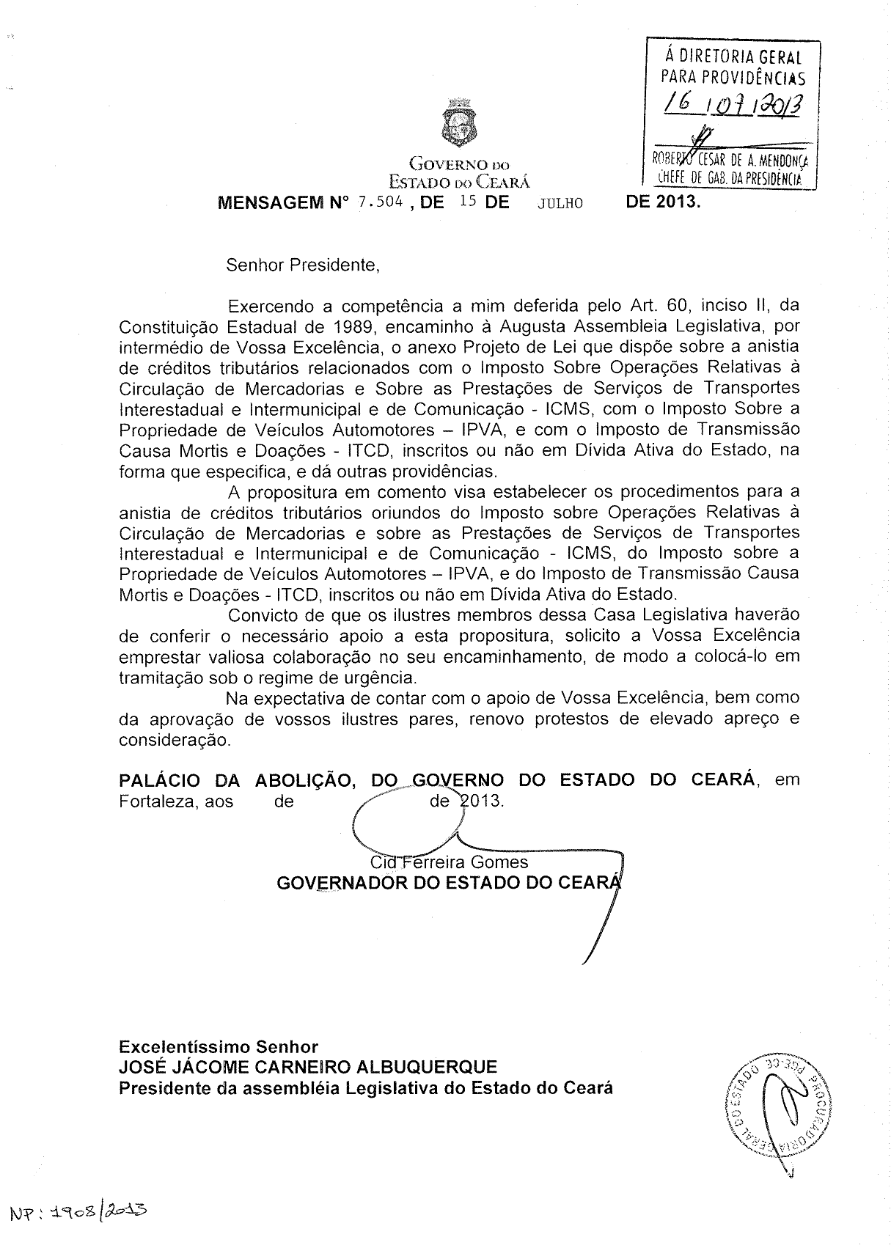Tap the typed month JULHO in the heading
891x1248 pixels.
pyautogui.click(x=560, y=204)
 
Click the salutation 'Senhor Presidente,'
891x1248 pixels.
pyautogui.click(x=303, y=265)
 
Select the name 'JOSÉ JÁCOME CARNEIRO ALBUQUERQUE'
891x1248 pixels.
pyautogui.click(x=308, y=1067)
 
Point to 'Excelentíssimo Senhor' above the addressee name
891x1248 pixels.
pyautogui.click(x=219, y=1046)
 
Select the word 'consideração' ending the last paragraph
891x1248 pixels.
pyautogui.click(x=175, y=740)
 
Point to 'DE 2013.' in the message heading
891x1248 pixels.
pyautogui.click(x=663, y=202)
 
